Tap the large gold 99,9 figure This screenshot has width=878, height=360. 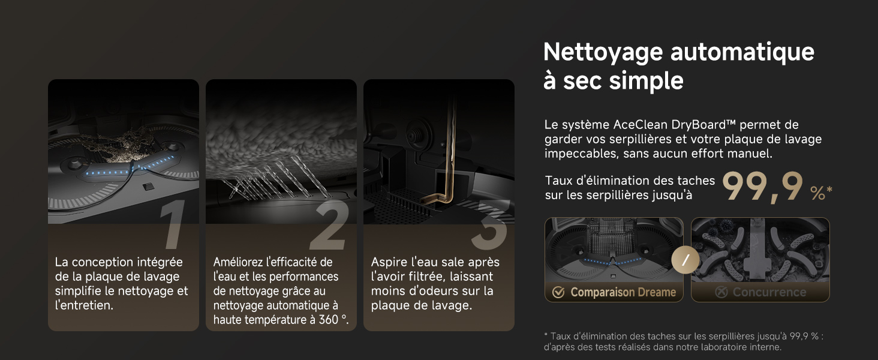point(762,187)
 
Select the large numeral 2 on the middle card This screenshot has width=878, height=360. point(330,225)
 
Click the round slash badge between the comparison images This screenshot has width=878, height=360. point(685,260)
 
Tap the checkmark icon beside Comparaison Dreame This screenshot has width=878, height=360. point(558,292)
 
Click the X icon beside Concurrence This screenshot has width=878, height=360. point(721,292)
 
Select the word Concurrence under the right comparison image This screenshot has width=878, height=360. point(769,292)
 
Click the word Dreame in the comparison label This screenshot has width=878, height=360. point(657,292)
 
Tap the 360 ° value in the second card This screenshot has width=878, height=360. point(333,320)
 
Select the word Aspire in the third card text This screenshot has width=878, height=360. point(389,262)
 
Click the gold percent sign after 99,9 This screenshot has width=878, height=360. point(817,193)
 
